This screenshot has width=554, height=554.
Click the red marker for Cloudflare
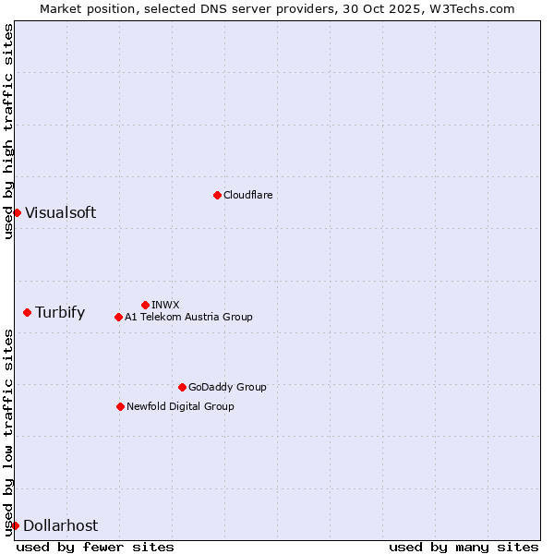pos(217,195)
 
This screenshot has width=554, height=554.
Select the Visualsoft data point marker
pos(17,212)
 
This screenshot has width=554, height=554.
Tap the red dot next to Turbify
pos(27,312)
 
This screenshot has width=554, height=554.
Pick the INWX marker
pos(145,305)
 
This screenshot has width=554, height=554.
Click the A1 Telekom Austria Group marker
pos(118,317)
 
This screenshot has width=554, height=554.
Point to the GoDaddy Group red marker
pos(182,387)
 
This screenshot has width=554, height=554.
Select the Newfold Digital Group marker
pos(120,406)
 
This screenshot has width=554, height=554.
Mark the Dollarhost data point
pos(15,525)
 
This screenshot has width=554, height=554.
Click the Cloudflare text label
pos(247,195)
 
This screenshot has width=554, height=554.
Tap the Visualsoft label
pos(60,212)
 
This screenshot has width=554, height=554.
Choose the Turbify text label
pos(60,312)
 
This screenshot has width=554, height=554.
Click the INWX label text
pos(165,305)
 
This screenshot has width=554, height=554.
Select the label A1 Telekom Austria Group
pos(188,317)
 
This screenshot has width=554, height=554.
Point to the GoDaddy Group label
pos(227,387)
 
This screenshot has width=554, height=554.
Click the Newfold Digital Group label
pos(180,406)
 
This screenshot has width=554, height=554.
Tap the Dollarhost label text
pos(60,525)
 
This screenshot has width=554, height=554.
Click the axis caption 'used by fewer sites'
pos(95,547)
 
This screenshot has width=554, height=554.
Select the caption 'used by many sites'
pos(464,547)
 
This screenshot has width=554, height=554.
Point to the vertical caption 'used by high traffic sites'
pos(8,131)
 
